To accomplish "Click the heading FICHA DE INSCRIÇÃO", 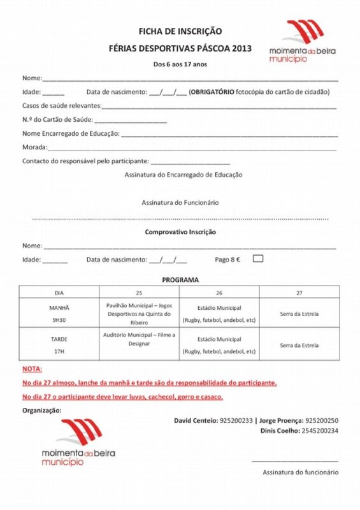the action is point(180,31).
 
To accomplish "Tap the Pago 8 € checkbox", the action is point(257,259).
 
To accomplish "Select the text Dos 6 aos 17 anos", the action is point(180,64).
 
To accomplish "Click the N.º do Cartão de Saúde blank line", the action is point(131,119).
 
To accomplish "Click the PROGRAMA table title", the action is point(180,280).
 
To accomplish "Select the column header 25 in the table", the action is point(139,292).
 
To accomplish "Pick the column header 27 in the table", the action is point(299,292).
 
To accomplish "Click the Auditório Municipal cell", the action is point(139,339).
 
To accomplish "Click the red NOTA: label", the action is point(32,369).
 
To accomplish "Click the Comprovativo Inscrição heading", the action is point(180,232).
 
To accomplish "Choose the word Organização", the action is point(42,409).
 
